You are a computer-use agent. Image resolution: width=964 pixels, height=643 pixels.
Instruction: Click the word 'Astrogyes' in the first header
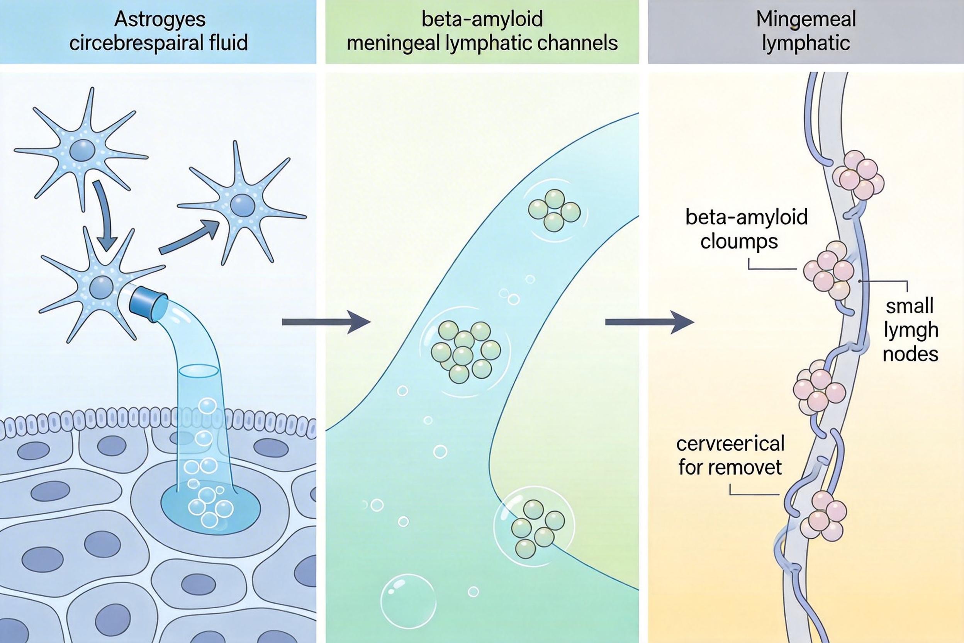click(160, 20)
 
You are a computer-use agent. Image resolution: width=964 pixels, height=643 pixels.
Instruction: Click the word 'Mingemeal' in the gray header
click(806, 20)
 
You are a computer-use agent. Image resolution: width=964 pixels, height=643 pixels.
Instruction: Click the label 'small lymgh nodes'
click(910, 330)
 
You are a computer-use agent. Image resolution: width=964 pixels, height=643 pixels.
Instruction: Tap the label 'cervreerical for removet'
click(730, 455)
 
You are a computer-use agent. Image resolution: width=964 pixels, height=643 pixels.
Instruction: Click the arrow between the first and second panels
click(326, 322)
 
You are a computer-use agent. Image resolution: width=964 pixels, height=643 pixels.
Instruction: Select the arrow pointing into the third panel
click(649, 322)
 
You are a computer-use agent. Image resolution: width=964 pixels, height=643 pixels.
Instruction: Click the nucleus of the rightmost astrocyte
click(242, 205)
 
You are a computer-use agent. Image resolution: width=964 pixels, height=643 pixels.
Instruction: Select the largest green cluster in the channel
click(465, 351)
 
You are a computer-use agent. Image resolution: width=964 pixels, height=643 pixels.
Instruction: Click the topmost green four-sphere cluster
click(554, 210)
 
